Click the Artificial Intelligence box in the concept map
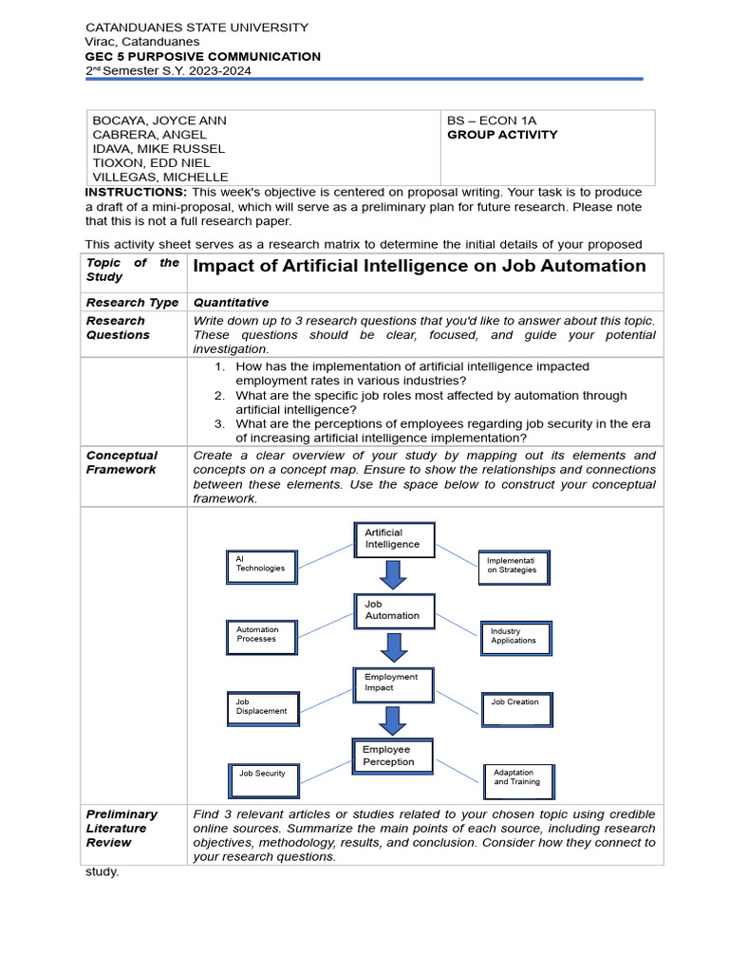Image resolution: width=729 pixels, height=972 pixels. point(394,540)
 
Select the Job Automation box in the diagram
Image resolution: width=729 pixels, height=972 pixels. point(394,611)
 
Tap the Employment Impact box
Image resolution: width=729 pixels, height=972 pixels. point(393,683)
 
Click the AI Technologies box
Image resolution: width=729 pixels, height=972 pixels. point(261,566)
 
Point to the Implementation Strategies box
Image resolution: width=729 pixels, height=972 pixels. point(514,567)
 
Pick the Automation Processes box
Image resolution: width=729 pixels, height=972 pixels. point(260,636)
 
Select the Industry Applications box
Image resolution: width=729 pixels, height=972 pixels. point(515,637)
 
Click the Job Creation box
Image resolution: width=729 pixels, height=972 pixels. point(516,708)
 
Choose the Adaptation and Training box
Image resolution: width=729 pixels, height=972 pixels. point(518,779)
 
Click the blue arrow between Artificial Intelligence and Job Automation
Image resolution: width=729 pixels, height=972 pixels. point(392,574)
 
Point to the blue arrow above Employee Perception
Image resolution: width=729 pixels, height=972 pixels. point(392,719)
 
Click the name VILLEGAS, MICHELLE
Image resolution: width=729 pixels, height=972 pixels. point(159,178)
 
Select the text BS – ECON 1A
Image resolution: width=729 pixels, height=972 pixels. point(492,121)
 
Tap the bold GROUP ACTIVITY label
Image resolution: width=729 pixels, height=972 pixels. point(502,135)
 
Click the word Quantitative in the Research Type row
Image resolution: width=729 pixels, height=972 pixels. point(231,302)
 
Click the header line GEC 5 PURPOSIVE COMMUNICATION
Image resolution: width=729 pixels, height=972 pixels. point(203,57)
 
